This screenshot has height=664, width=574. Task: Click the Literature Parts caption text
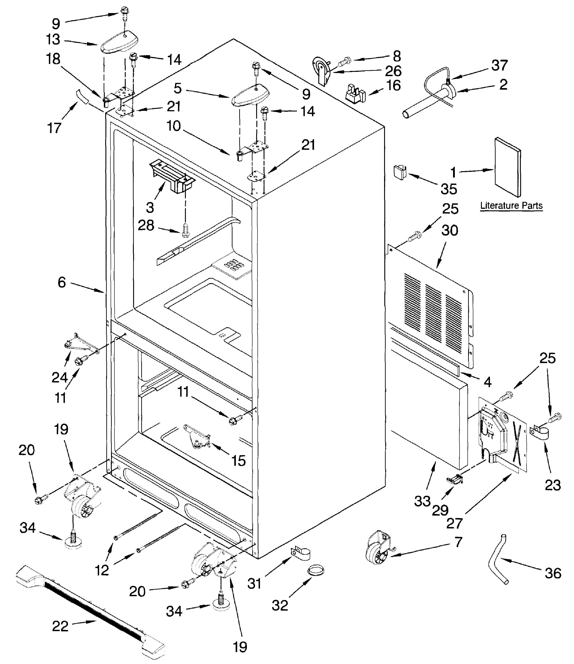coord(511,205)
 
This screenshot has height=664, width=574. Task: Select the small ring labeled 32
coord(316,571)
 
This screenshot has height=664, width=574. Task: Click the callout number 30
coord(450,230)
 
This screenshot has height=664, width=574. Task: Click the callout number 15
coord(238,461)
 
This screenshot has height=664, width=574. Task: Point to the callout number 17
coord(54,128)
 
